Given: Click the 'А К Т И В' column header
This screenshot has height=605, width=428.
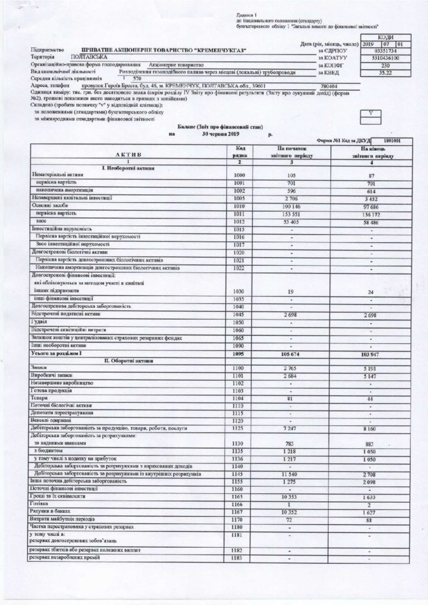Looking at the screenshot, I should coord(125,153).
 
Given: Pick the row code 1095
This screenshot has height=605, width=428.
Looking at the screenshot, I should coord(239,353).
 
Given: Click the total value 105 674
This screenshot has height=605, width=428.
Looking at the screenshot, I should coord(289,353).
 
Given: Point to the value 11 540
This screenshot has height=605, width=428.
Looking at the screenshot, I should coord(289,474).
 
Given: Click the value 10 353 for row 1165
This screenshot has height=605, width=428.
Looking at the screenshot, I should coord(289,496).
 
